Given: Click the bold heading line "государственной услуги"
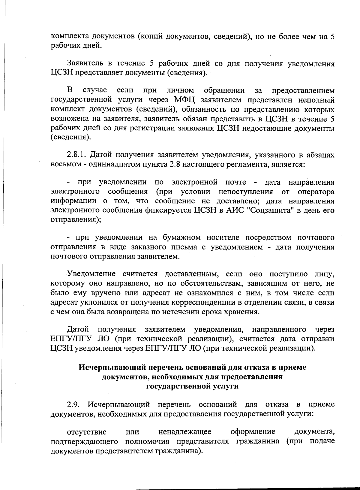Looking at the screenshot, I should [192, 386].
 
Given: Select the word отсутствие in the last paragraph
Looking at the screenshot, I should [87, 432].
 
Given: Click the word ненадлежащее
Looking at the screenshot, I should [185, 432].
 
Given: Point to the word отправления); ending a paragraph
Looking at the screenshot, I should [76, 219].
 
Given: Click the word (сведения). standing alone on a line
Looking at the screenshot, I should [70, 138].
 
